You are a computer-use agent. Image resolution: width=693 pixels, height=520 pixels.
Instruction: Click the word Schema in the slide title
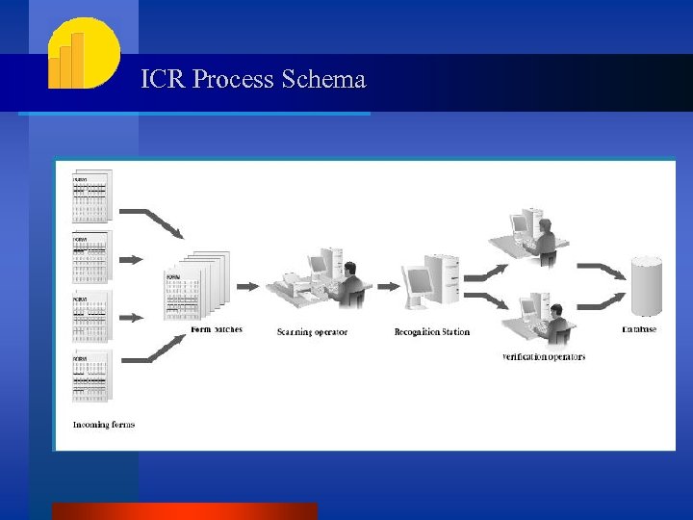point(324,79)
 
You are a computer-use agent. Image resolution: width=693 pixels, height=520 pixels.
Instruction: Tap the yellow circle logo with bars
point(84,54)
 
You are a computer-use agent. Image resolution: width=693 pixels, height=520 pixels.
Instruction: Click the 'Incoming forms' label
point(104,425)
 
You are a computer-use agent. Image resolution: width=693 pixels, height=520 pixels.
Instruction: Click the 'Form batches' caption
point(217,329)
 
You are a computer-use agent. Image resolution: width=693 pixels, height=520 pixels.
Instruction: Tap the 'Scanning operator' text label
point(312,332)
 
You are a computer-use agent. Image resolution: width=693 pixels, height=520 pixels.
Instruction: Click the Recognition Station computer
point(431,280)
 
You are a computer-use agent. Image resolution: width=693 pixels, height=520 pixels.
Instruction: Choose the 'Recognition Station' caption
point(432,332)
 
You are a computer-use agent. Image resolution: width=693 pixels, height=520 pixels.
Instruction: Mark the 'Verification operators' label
point(544,357)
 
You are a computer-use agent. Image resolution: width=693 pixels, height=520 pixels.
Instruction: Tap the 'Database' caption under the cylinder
point(639,329)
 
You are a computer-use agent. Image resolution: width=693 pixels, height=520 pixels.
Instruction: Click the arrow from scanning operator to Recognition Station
point(388,286)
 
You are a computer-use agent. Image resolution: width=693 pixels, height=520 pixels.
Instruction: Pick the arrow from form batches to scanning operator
point(247,286)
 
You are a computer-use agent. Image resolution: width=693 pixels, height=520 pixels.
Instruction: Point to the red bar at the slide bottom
point(184,511)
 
